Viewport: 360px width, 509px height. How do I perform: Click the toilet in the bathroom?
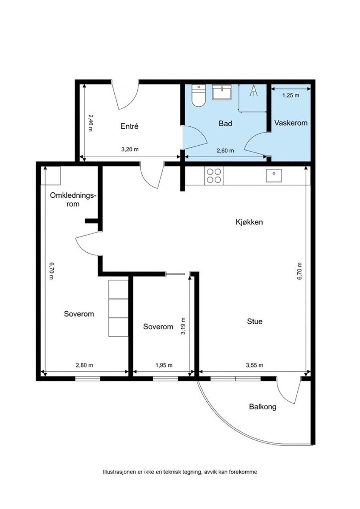click(199, 95)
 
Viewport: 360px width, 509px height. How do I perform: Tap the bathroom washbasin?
click(222, 92)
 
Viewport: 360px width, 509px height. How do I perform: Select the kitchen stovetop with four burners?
click(214, 176)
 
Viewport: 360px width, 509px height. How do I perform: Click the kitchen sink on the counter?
click(274, 175)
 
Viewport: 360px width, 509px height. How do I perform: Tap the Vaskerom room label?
click(291, 123)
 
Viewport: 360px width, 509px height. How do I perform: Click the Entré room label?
click(129, 126)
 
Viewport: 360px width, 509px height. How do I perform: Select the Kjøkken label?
click(249, 222)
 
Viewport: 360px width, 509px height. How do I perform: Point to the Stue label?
click(255, 321)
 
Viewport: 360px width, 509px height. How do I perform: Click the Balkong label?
click(263, 407)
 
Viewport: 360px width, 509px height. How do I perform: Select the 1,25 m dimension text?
click(291, 95)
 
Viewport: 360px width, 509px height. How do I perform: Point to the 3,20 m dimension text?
click(130, 149)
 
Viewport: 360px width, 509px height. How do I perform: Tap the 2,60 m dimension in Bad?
click(225, 150)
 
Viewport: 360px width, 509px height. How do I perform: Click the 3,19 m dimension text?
click(184, 326)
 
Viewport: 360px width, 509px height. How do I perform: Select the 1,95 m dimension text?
click(164, 365)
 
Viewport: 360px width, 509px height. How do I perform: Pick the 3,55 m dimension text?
click(255, 365)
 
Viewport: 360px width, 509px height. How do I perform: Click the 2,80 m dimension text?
click(84, 365)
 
